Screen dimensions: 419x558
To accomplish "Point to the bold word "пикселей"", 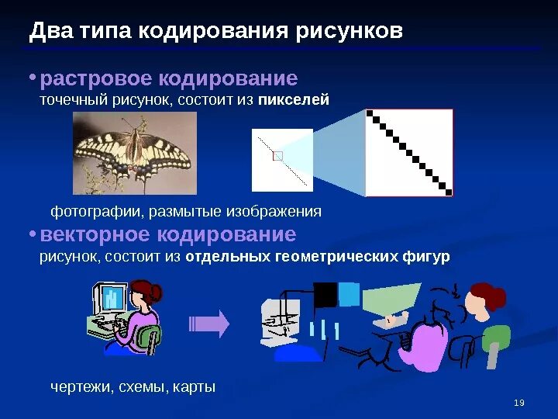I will [x=294, y=99].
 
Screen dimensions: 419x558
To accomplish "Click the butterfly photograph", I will [x=134, y=152].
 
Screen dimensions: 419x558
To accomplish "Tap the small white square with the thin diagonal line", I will [x=282, y=160].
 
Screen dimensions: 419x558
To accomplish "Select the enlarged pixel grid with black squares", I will [x=408, y=152].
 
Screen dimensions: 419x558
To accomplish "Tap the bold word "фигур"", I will [x=425, y=257].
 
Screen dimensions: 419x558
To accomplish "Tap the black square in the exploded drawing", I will [x=325, y=295].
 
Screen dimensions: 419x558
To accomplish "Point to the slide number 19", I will [x=519, y=402].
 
